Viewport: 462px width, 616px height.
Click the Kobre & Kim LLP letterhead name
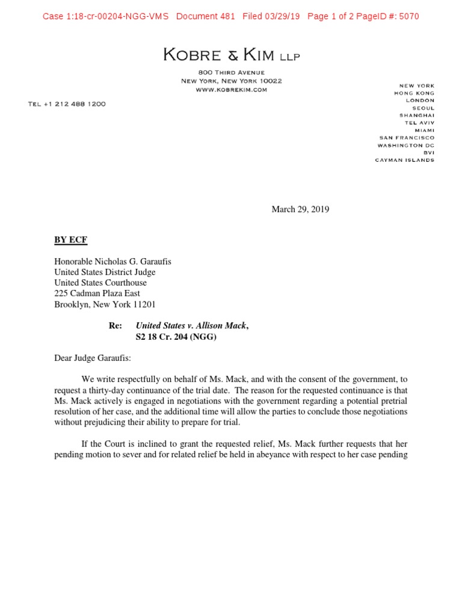(232, 56)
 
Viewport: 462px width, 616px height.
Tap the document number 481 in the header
(227, 16)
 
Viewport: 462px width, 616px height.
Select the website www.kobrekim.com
(231, 90)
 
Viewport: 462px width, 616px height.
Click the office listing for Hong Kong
(414, 93)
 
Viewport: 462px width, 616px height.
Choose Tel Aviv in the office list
(419, 123)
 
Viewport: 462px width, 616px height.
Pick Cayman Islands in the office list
(404, 160)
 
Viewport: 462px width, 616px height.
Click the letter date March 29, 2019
(300, 209)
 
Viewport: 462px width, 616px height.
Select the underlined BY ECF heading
(70, 240)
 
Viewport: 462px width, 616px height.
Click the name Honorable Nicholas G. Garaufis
(113, 262)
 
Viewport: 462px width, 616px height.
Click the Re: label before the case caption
(115, 325)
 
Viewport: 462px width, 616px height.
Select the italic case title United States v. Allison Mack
(191, 325)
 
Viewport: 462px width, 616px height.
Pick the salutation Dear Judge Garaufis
(92, 359)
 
